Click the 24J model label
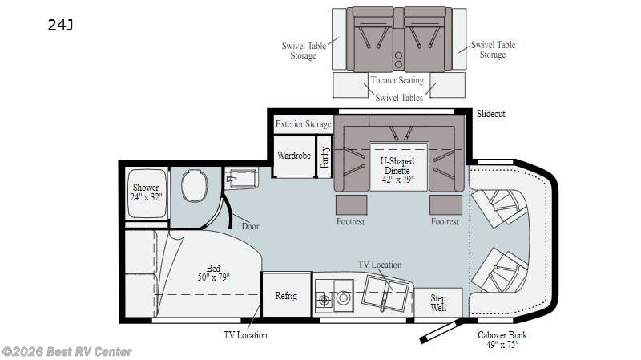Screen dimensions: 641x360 coord(61,26)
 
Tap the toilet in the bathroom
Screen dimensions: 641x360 coord(195,186)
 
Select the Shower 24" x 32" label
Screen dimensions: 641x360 coord(146,192)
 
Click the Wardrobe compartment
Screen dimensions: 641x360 coord(294,156)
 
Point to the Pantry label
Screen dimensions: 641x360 coord(325,157)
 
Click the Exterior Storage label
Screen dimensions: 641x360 coord(304,124)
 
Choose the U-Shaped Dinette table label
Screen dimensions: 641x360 coord(397,170)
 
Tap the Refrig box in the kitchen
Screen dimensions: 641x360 coord(286,294)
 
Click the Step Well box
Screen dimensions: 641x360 coord(438,303)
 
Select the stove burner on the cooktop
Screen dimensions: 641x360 coord(325,301)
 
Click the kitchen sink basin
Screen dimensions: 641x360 coord(385,293)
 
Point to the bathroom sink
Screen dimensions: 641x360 coord(242,178)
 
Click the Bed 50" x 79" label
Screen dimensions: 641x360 coord(213,273)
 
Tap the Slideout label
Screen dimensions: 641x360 coord(491,114)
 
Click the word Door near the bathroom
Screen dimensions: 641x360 coord(250,226)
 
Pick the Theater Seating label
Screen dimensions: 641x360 coord(397,80)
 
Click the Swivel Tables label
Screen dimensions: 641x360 coord(399,98)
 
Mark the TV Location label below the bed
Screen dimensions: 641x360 coord(245,335)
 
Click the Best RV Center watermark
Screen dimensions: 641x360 coord(67,352)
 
